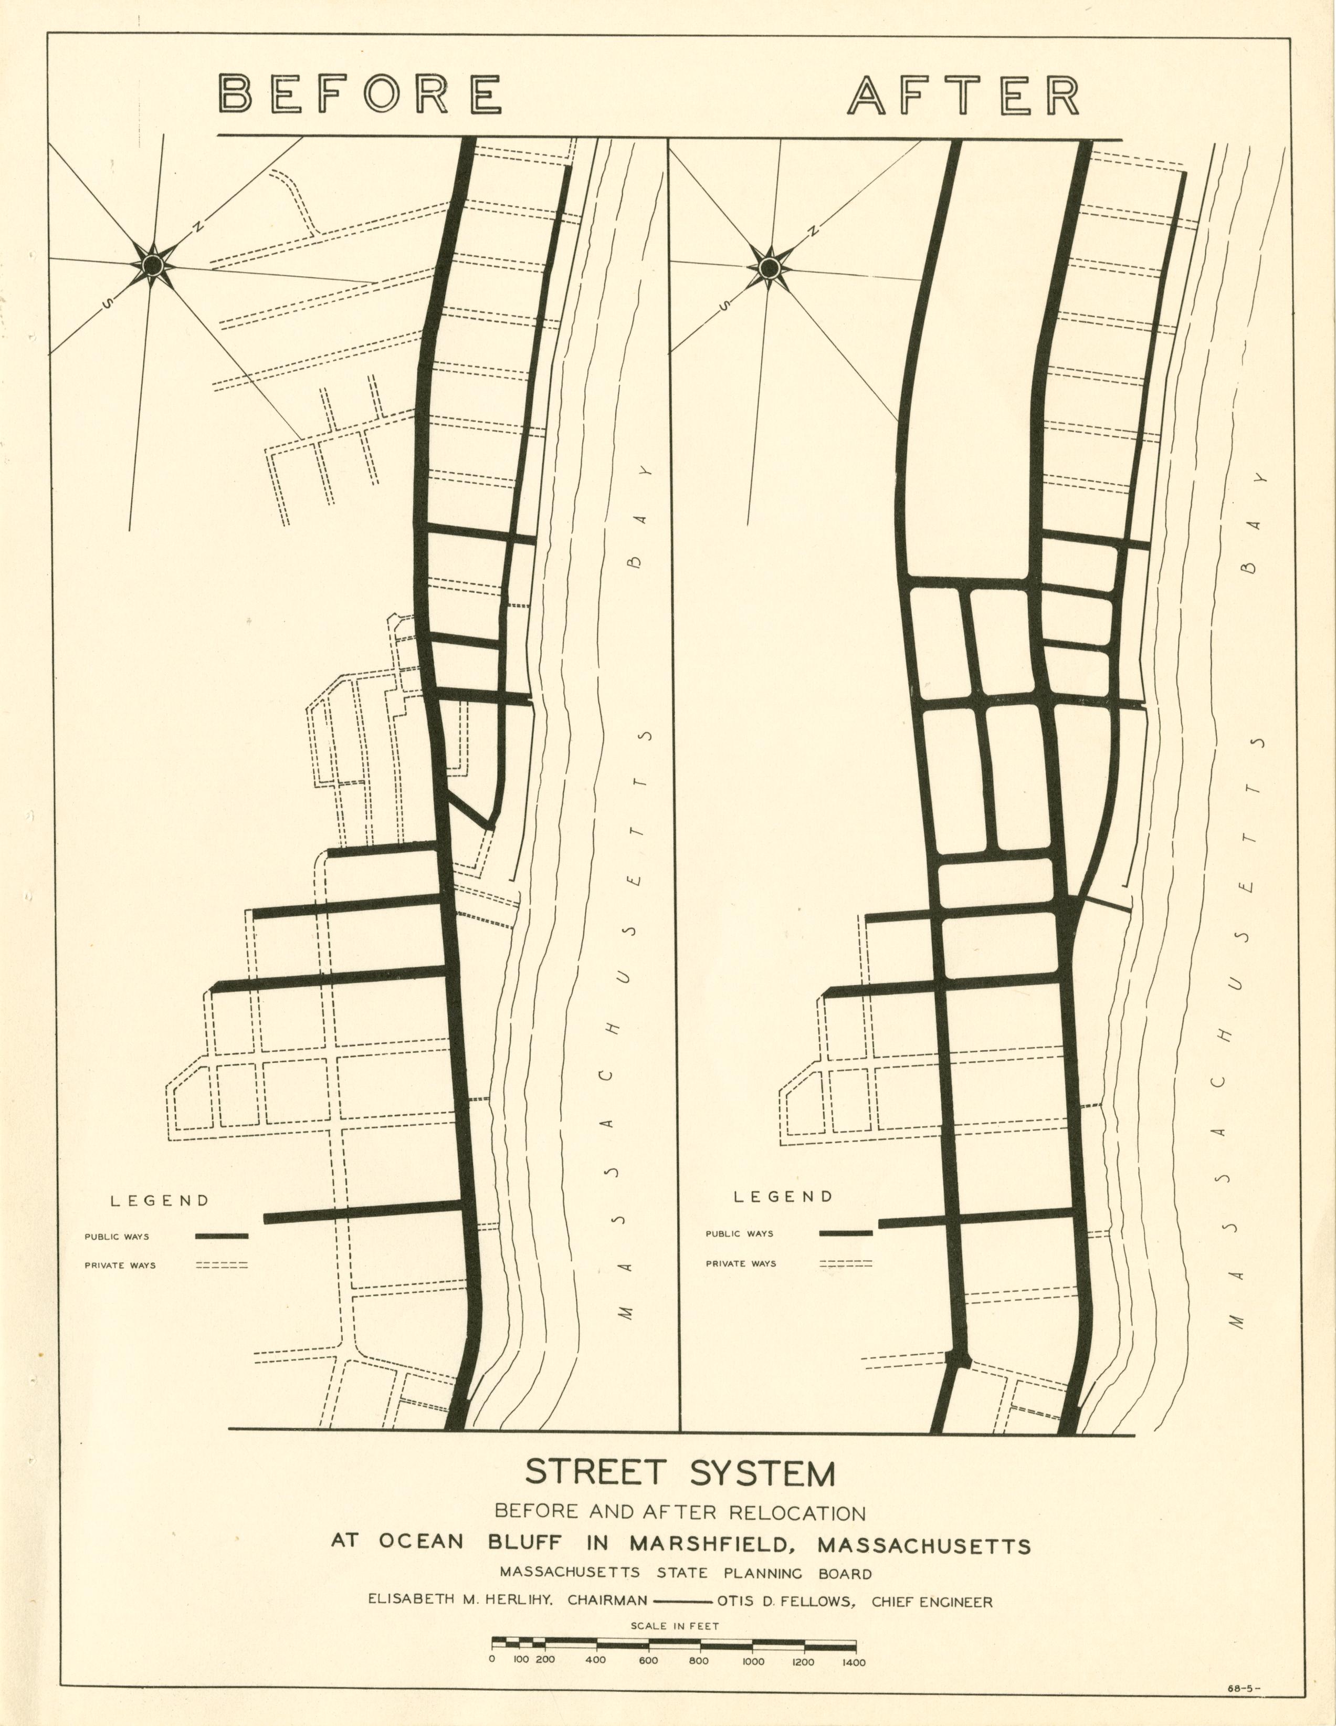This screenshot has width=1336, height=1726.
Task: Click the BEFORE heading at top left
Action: (360, 94)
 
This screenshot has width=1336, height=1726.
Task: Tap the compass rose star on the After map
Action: (768, 269)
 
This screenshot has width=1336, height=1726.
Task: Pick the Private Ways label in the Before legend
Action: (120, 1265)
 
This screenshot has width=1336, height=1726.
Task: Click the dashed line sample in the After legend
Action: (845, 1264)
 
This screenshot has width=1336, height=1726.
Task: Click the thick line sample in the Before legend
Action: (222, 1236)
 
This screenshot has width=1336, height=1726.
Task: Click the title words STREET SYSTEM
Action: (680, 1473)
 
